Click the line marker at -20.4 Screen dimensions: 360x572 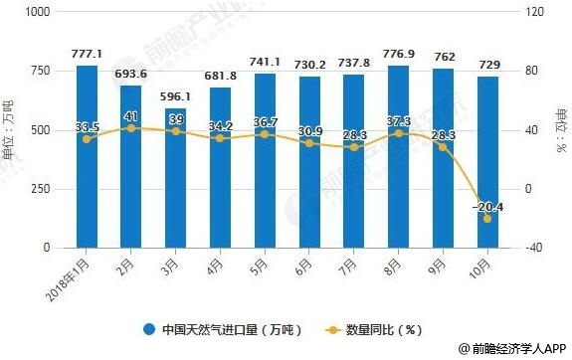(x=487, y=218)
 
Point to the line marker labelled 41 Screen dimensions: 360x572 (x=131, y=128)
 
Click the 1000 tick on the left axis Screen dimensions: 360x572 (x=38, y=12)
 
